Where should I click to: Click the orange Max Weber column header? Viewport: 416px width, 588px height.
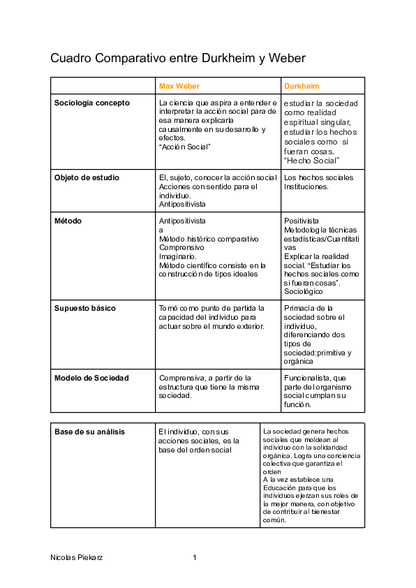179,86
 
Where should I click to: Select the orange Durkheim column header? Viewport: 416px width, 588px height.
302,86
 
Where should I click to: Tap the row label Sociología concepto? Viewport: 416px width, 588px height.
91,103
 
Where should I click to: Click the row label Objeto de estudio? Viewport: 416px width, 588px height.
87,177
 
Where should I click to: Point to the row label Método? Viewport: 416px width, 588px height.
68,221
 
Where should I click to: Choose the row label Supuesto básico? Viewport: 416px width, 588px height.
85,308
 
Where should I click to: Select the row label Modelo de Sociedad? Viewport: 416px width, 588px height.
91,378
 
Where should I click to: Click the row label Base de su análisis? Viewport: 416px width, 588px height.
89,432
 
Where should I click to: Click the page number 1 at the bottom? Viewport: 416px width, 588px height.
195,558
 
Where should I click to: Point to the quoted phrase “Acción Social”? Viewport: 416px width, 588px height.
185,147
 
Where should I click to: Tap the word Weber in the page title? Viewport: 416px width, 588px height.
287,58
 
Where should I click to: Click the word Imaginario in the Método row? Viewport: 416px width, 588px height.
177,256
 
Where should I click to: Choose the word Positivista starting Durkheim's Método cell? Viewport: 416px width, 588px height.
302,221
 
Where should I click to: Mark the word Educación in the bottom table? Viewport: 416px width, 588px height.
281,488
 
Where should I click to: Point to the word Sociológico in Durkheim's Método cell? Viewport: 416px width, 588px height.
304,291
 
